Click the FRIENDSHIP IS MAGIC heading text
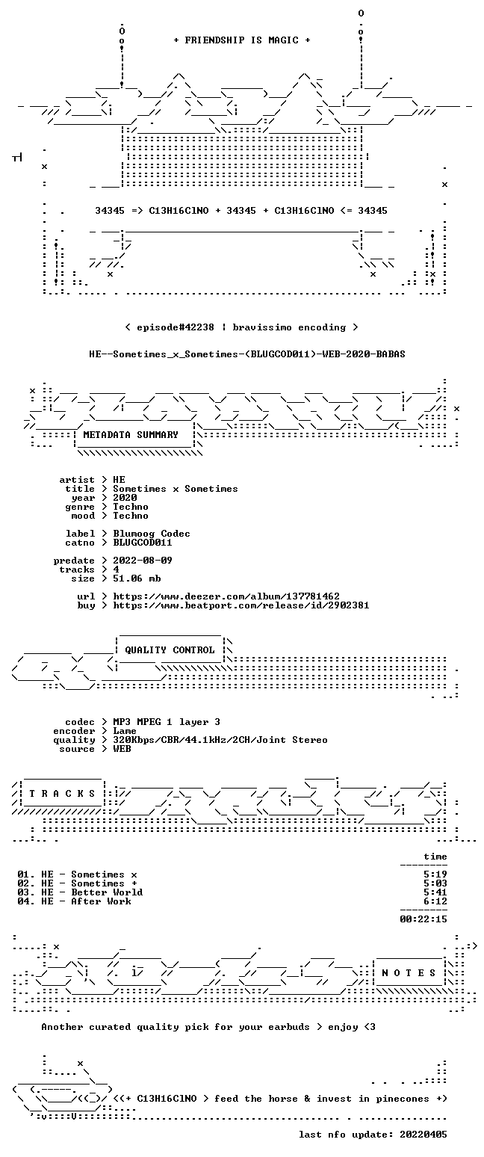(242, 40)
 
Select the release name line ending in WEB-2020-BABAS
(247, 354)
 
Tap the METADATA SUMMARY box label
(131, 435)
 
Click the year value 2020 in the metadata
(125, 498)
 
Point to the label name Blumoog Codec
(152, 534)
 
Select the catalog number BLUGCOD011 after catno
(143, 543)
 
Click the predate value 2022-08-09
(143, 561)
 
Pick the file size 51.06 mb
(137, 578)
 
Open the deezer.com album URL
(226, 596)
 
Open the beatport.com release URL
(241, 605)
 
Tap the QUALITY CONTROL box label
(170, 650)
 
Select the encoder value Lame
(125, 732)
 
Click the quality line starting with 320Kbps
(220, 740)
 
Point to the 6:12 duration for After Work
(435, 901)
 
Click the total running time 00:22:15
(423, 919)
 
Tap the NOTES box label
(409, 973)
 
